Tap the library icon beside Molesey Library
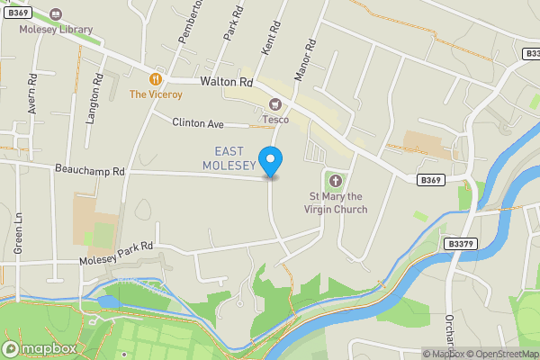tap(57, 15)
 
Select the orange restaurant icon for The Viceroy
tap(156, 79)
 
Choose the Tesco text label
tap(275, 119)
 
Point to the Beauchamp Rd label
tap(89, 169)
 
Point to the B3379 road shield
tap(460, 243)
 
